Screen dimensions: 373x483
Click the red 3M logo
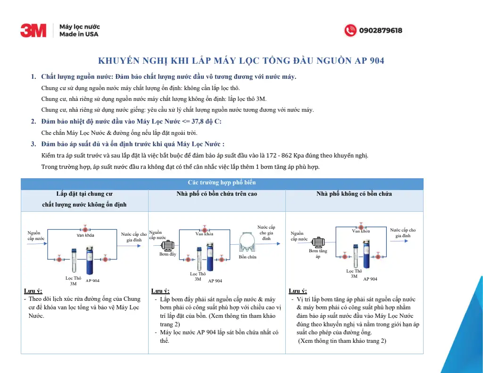tap(33, 31)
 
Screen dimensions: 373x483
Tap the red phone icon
tap(350, 31)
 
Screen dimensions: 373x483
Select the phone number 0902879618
tap(381, 31)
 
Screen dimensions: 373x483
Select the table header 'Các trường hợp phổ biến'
tap(222, 182)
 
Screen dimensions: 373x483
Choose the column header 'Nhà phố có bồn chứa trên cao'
tap(217, 194)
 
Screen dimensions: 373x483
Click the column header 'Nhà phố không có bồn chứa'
tap(354, 194)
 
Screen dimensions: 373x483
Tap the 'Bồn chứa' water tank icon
tap(248, 243)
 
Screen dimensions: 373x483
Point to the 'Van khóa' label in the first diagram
tap(85, 235)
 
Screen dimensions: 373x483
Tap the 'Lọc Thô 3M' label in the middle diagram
tap(198, 276)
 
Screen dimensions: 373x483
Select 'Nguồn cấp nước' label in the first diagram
tap(35, 236)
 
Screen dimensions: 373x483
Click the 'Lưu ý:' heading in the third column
tap(297, 291)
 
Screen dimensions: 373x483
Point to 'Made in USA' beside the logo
tap(79, 34)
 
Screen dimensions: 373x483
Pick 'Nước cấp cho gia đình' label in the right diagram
tap(403, 233)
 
